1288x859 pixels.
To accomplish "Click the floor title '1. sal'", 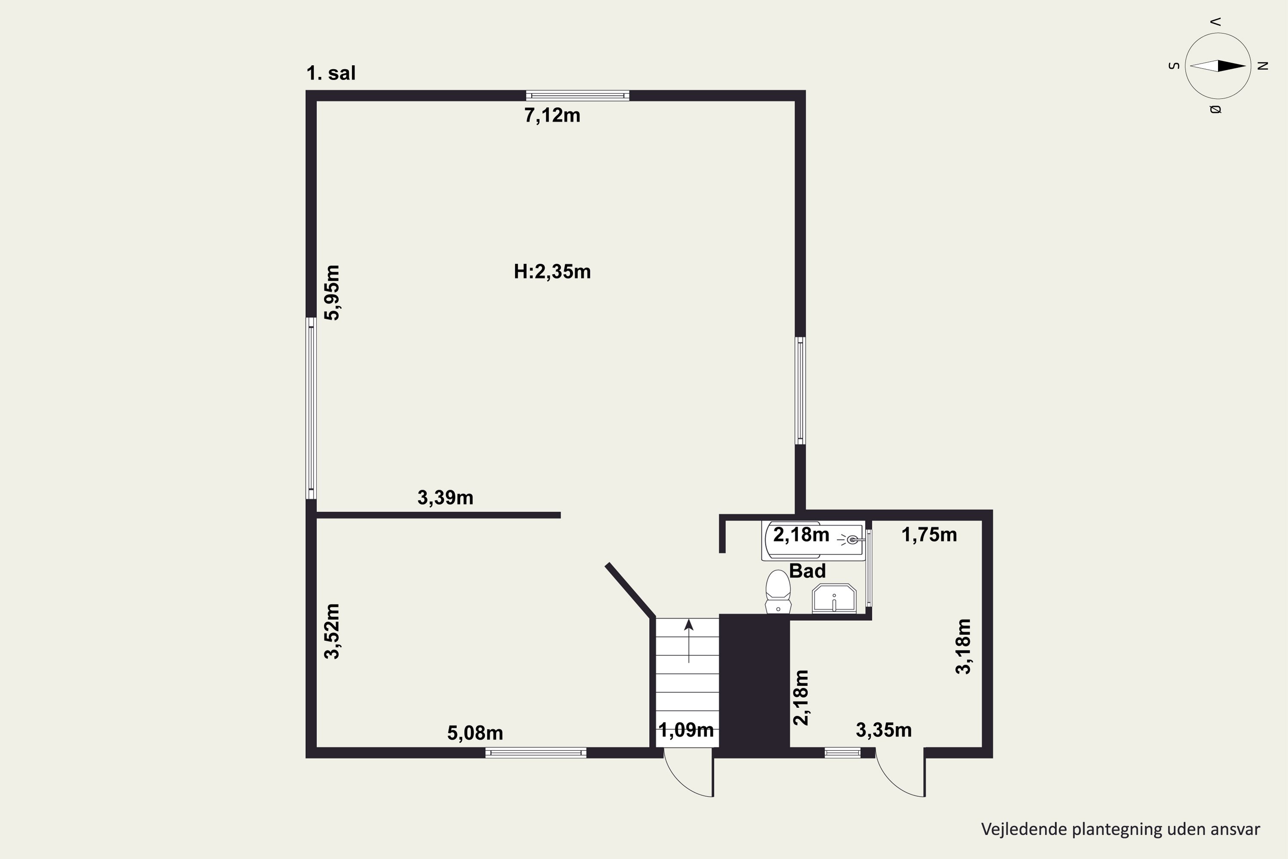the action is (331, 73).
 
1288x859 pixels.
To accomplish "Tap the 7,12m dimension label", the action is (552, 116).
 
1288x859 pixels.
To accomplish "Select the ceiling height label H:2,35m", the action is (552, 272).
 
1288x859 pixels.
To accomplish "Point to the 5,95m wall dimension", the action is (332, 292).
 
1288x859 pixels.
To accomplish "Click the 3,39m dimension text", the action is (445, 497).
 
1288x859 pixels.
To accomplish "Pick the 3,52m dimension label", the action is (332, 631).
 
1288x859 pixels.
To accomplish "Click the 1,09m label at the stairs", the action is (686, 730).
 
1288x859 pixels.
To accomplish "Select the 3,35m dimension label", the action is (883, 730).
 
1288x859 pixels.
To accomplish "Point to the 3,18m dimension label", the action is (963, 646).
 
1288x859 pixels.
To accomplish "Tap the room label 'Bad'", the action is (807, 571).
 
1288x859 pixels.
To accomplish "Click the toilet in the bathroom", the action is (778, 592).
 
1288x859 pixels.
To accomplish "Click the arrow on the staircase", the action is (688, 640).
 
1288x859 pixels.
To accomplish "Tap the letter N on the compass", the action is (1263, 66).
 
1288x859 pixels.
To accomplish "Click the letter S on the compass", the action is (1173, 66).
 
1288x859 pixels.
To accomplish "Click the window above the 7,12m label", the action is (577, 96).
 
